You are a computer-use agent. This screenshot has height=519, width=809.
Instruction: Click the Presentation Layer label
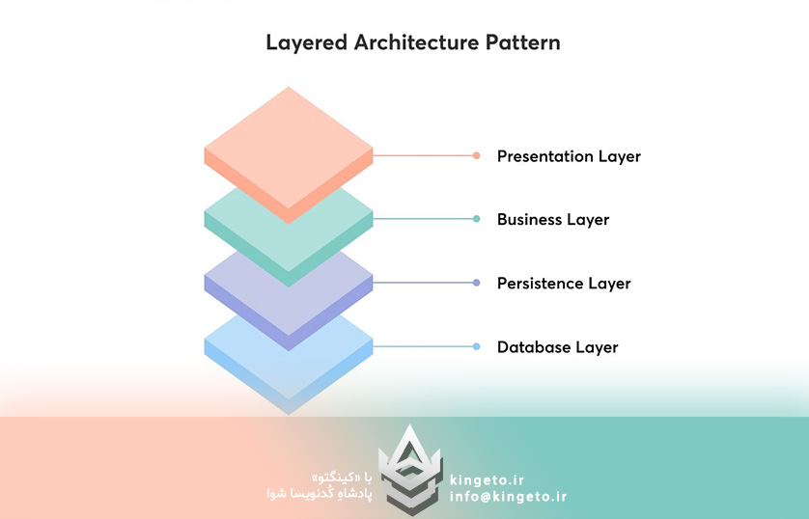[569, 156]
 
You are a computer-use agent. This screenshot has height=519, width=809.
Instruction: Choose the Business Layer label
[553, 220]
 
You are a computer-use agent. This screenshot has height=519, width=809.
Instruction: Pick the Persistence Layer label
[564, 284]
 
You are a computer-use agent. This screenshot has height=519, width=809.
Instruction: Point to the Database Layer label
[557, 347]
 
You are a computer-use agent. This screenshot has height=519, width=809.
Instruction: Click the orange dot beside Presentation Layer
[476, 155]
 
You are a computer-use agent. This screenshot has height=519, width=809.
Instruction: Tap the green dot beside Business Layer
[476, 219]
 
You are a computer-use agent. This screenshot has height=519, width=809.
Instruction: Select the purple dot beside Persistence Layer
[476, 283]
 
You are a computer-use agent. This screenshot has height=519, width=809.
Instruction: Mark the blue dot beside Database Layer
[476, 346]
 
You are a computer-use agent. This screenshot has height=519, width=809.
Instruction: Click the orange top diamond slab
[289, 145]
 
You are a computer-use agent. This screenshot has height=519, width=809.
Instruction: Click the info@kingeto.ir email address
[508, 497]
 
